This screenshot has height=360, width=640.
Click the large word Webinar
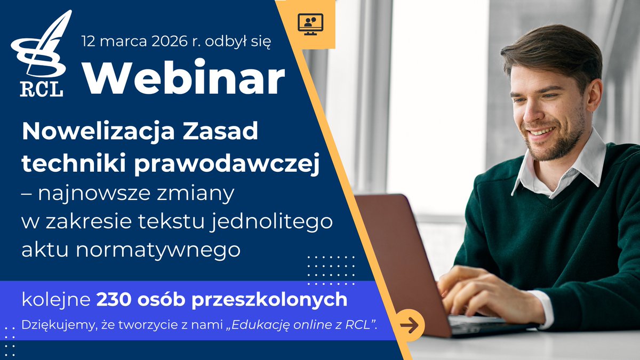(184, 79)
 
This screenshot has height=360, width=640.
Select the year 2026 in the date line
(163, 41)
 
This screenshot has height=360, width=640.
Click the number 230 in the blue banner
(113, 300)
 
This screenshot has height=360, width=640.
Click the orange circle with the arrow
(410, 324)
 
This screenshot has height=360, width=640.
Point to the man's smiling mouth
(541, 131)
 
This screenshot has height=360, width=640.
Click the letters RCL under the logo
(42, 90)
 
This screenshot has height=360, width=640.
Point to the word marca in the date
(122, 41)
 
